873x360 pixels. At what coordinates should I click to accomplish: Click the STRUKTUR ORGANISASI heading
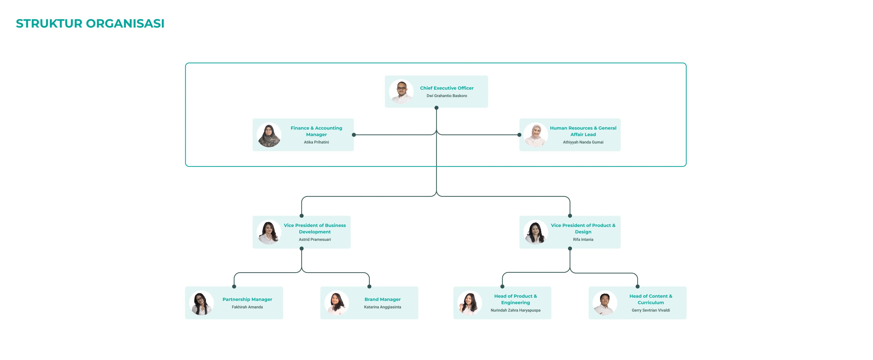[x=90, y=23]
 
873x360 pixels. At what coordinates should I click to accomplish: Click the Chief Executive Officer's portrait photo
[x=401, y=91]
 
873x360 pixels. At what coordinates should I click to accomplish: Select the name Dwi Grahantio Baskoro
[x=447, y=96]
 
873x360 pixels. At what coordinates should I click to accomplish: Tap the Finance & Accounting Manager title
[x=316, y=131]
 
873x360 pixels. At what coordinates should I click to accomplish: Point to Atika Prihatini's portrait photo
[x=269, y=135]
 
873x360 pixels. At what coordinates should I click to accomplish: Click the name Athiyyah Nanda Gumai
[x=583, y=142]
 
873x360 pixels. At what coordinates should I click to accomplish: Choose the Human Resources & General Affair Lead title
[x=583, y=131]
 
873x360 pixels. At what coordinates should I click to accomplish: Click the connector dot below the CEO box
[x=436, y=108]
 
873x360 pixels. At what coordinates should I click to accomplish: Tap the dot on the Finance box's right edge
[x=354, y=135]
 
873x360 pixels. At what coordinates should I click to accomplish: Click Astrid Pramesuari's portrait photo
[x=269, y=232]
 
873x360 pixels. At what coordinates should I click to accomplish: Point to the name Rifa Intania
[x=583, y=240]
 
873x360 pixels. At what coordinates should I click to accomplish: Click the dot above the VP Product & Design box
[x=570, y=216]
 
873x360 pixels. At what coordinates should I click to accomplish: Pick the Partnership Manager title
[x=247, y=299]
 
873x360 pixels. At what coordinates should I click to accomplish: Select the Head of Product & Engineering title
[x=515, y=299]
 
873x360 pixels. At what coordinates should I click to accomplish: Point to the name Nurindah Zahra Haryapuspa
[x=515, y=310]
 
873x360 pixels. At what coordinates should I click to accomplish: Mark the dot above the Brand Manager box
[x=369, y=287]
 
